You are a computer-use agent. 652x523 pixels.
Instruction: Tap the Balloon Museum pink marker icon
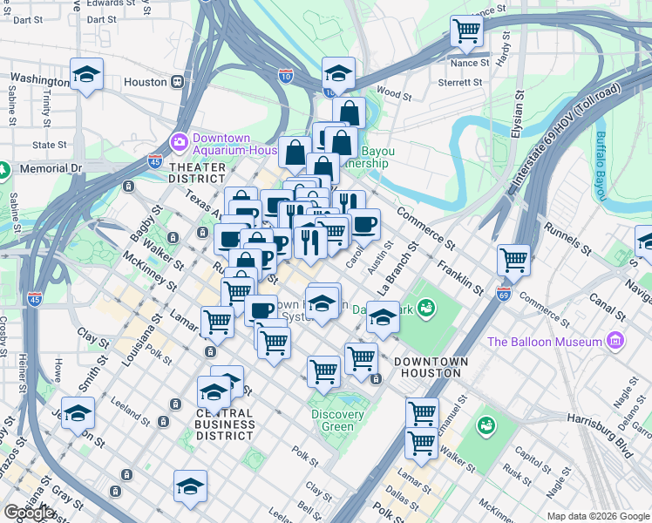click(x=617, y=339)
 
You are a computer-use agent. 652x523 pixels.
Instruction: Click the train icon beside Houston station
click(x=177, y=82)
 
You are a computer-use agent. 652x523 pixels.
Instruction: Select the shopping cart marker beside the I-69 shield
click(x=513, y=259)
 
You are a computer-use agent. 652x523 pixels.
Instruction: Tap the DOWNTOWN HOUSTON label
click(x=431, y=367)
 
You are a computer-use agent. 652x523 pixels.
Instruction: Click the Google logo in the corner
click(x=28, y=512)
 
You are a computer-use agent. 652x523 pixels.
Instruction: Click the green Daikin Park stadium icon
click(x=425, y=307)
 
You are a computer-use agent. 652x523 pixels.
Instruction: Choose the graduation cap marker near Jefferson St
click(x=78, y=411)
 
